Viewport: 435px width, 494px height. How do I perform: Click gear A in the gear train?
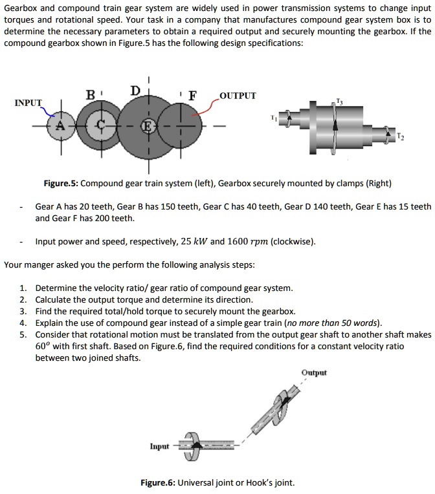click(x=63, y=125)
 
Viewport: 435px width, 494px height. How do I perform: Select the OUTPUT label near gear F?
click(x=238, y=96)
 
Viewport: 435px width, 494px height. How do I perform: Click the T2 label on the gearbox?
click(x=401, y=138)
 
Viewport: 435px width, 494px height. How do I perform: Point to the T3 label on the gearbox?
click(x=339, y=100)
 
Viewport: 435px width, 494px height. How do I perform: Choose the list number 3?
click(x=23, y=310)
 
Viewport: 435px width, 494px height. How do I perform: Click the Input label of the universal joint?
click(x=160, y=446)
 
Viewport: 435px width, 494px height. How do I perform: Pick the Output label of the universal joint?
click(x=314, y=372)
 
